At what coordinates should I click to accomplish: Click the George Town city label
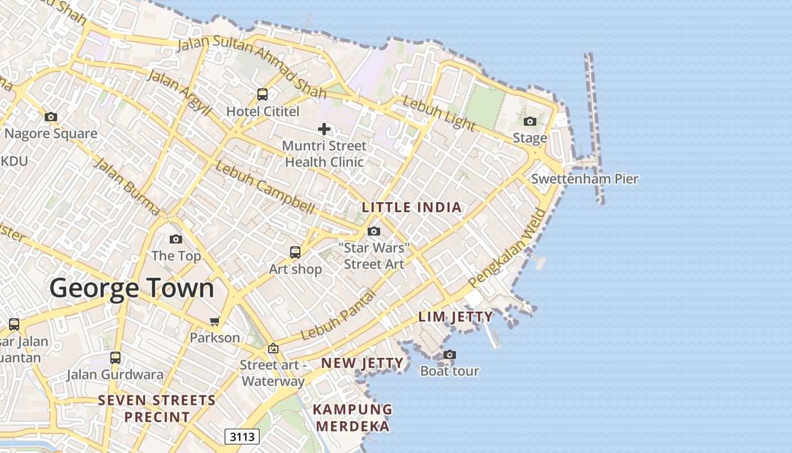[x=132, y=288]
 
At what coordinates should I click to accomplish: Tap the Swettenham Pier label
[x=584, y=179]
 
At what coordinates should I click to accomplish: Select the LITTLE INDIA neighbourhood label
[x=412, y=207]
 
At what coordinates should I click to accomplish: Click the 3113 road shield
[x=242, y=437]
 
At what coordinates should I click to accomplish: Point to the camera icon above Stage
[x=530, y=121]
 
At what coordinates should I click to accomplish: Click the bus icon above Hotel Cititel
[x=262, y=95]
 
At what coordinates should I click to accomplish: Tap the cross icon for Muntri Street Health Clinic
[x=324, y=129]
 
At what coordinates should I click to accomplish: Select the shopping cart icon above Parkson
[x=214, y=322]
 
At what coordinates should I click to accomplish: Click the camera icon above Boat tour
[x=450, y=355]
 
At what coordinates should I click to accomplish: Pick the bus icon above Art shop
[x=295, y=253]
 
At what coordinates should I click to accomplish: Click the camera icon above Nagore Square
[x=51, y=117]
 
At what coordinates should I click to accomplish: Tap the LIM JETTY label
[x=455, y=317]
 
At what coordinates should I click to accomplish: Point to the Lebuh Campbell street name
[x=264, y=188]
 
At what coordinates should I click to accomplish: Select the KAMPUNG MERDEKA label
[x=352, y=417]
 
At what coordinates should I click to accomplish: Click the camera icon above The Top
[x=176, y=240]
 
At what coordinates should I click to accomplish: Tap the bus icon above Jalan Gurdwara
[x=115, y=358]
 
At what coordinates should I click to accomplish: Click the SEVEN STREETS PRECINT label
[x=157, y=409]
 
